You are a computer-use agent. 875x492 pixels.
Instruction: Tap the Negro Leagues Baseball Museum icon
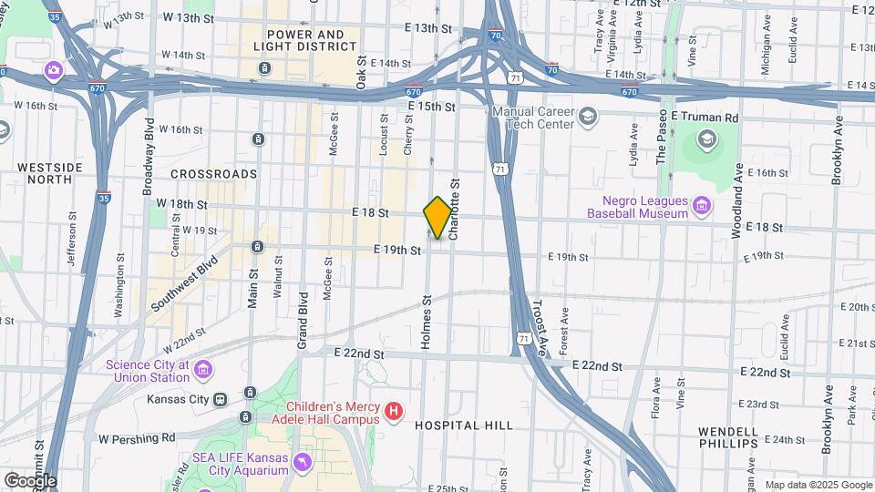click(x=702, y=207)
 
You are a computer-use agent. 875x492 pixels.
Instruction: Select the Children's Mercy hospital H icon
click(x=394, y=413)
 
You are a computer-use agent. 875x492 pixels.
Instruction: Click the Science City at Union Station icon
click(x=203, y=370)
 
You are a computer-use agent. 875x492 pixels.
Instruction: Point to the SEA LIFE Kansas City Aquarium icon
click(x=302, y=464)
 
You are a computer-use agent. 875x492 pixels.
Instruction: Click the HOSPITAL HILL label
click(x=463, y=425)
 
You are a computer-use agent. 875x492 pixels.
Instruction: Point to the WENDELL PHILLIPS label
click(x=727, y=437)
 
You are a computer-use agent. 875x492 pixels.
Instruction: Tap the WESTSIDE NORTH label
click(x=44, y=173)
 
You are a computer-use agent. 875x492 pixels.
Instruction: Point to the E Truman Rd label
click(x=704, y=118)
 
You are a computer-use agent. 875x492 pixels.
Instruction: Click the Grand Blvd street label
click(x=302, y=320)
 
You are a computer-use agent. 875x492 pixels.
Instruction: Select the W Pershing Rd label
click(x=137, y=438)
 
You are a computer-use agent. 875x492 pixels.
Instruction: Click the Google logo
click(x=29, y=480)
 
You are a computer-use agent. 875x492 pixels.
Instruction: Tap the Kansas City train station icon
click(x=220, y=399)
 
